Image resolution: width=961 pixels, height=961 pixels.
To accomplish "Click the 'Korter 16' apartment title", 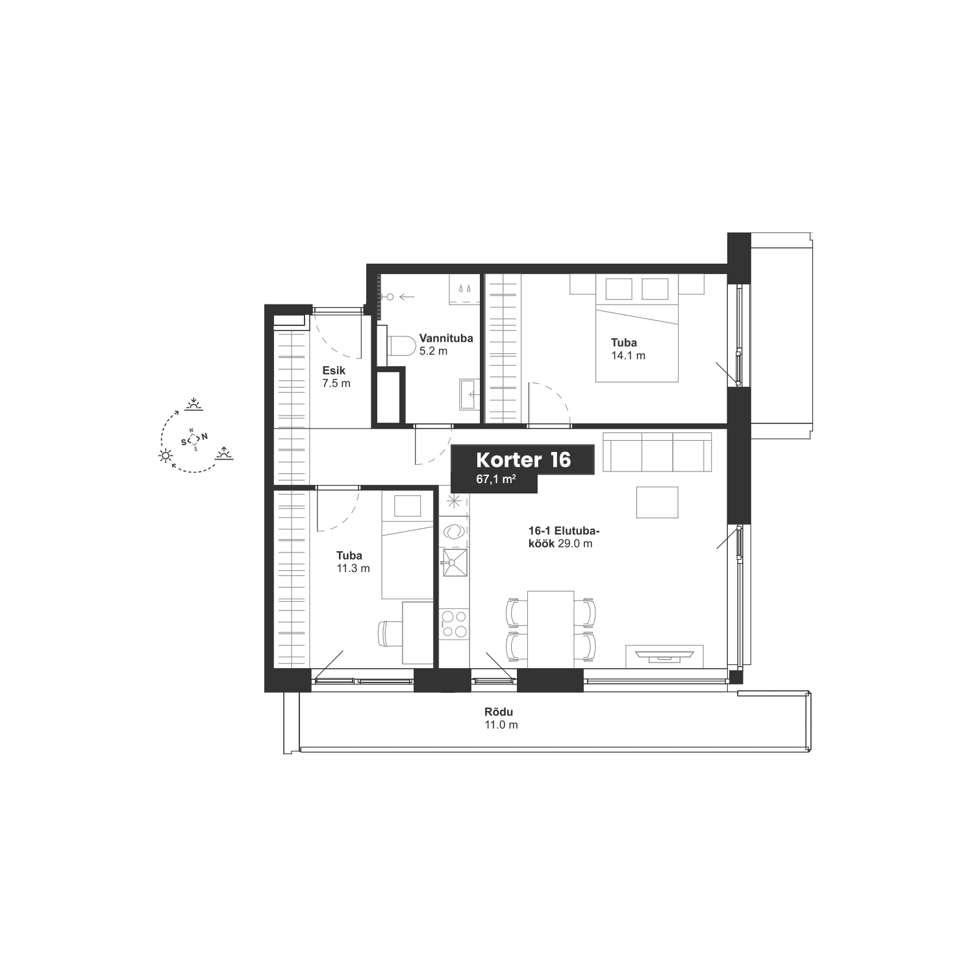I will [x=523, y=460].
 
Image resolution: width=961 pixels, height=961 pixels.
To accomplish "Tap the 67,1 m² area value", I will [x=495, y=480].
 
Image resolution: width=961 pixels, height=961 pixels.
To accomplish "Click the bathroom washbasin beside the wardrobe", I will [x=471, y=395].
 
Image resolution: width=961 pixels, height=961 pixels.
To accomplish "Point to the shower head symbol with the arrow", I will [x=390, y=297].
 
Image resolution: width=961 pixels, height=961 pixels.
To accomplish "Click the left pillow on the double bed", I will [x=618, y=288].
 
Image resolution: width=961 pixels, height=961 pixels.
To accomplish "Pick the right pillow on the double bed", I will [x=655, y=288].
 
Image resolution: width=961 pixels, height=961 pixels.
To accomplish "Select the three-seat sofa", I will [x=657, y=452].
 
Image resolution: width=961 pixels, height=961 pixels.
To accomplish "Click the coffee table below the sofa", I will [x=656, y=503].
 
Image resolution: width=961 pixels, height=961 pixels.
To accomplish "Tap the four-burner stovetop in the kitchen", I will [x=454, y=623].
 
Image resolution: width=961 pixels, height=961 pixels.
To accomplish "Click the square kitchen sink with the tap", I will [x=454, y=562].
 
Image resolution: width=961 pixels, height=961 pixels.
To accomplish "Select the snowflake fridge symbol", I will [x=453, y=501].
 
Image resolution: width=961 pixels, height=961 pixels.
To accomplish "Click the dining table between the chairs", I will [x=551, y=629].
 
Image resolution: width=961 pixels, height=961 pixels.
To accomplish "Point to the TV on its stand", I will [x=664, y=656].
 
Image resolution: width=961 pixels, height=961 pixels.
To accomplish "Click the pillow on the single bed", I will [x=407, y=505].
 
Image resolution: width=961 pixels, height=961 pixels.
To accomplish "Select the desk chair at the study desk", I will [x=389, y=633].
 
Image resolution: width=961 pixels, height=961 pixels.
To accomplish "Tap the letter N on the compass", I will [x=205, y=436].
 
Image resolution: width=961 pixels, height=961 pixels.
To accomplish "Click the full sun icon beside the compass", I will [x=167, y=456].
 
